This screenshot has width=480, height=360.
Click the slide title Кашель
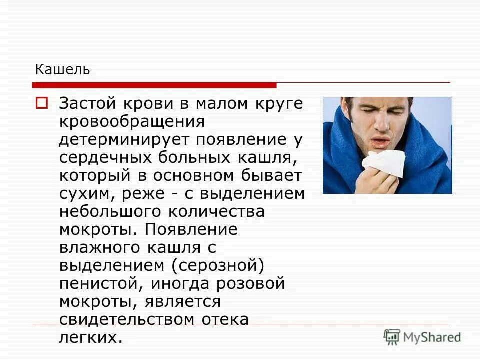click(x=62, y=70)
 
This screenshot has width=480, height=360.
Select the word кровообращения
click(x=132, y=122)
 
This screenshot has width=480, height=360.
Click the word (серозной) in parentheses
click(x=218, y=265)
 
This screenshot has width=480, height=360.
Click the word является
click(x=183, y=301)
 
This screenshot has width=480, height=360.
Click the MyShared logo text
click(x=432, y=337)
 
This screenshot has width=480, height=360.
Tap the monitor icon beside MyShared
click(x=392, y=336)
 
